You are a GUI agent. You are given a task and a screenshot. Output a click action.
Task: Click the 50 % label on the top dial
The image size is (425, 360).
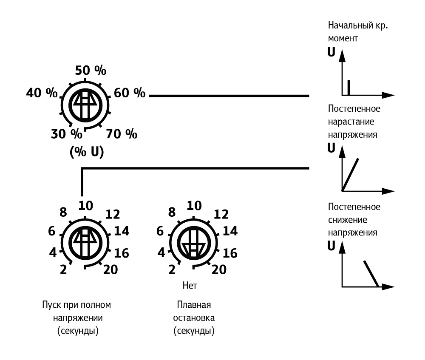pyautogui.click(x=91, y=70)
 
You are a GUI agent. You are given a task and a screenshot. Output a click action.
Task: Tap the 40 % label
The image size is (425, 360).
pyautogui.click(x=42, y=93)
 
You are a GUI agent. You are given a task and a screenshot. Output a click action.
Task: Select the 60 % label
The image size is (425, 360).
pyautogui.click(x=130, y=93)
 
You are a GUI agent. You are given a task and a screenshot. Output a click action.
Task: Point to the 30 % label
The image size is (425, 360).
pyautogui.click(x=66, y=134)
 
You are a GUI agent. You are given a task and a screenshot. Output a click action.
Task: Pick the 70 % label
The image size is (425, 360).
pyautogui.click(x=122, y=134)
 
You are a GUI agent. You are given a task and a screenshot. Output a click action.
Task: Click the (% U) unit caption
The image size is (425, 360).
pyautogui.click(x=86, y=152)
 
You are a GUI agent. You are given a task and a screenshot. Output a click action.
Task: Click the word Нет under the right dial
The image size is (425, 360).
pyautogui.click(x=190, y=285)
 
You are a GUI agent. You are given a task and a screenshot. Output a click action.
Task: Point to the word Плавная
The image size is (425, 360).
pyautogui.click(x=194, y=306)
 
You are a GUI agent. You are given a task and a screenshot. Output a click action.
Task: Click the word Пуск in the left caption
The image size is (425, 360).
pyautogui.click(x=50, y=306)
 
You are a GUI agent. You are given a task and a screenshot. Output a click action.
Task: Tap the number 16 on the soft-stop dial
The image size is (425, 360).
pyautogui.click(x=229, y=253)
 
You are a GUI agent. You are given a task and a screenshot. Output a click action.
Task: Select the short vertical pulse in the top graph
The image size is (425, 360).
pyautogui.click(x=348, y=87)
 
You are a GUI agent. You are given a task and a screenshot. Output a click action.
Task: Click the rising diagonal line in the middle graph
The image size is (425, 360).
pyautogui.click(x=351, y=173)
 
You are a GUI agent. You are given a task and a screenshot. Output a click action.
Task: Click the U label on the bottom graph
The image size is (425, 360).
pyautogui.click(x=332, y=246)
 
